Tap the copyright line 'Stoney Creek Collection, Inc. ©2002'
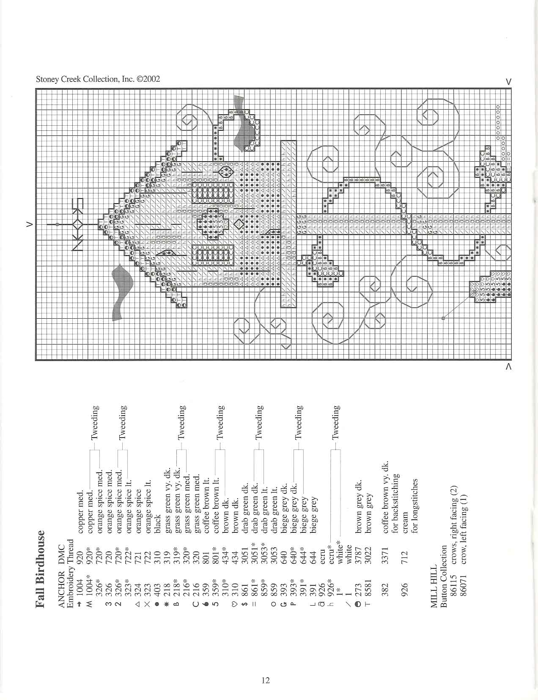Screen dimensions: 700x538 [x=98, y=79]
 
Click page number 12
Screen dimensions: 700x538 [x=266, y=680]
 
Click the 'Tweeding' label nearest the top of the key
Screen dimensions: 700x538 [x=95, y=423]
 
